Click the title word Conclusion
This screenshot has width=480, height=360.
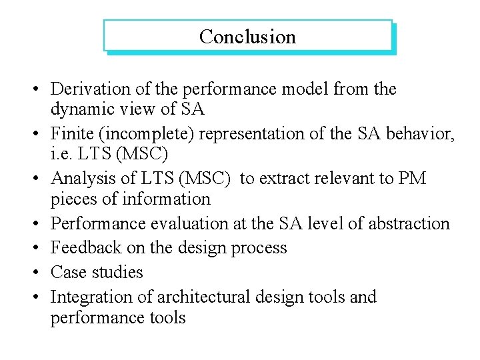pos(247,37)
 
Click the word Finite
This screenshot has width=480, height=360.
pos(69,134)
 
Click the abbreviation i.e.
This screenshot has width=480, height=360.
pos(61,153)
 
